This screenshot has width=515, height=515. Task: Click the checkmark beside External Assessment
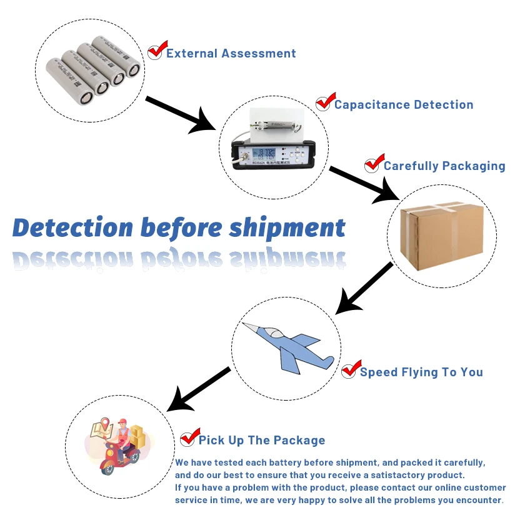coord(157,50)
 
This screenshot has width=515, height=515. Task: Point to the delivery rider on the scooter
coord(120,442)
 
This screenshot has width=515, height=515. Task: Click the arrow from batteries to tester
coord(181,114)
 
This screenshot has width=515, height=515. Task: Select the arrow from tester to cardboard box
coord(364,184)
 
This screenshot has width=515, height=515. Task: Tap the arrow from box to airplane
coord(364,288)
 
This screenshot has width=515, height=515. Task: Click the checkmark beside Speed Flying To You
coord(351,369)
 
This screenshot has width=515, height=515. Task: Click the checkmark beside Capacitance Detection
coord(324,102)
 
